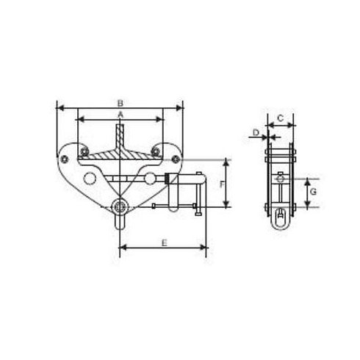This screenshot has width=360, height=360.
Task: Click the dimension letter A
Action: (x=120, y=116)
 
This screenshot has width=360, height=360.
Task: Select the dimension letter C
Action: (x=280, y=117)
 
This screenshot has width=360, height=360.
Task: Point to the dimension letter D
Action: (x=256, y=132)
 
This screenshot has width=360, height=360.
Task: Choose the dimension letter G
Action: (x=313, y=191)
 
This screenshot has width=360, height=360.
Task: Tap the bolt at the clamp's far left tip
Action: (x=65, y=158)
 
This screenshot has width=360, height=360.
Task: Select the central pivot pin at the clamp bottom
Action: (x=120, y=206)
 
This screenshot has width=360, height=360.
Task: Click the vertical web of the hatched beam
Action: (x=120, y=136)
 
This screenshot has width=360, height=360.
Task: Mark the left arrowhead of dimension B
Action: (x=60, y=109)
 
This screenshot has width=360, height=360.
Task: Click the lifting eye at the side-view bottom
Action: (x=280, y=217)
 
